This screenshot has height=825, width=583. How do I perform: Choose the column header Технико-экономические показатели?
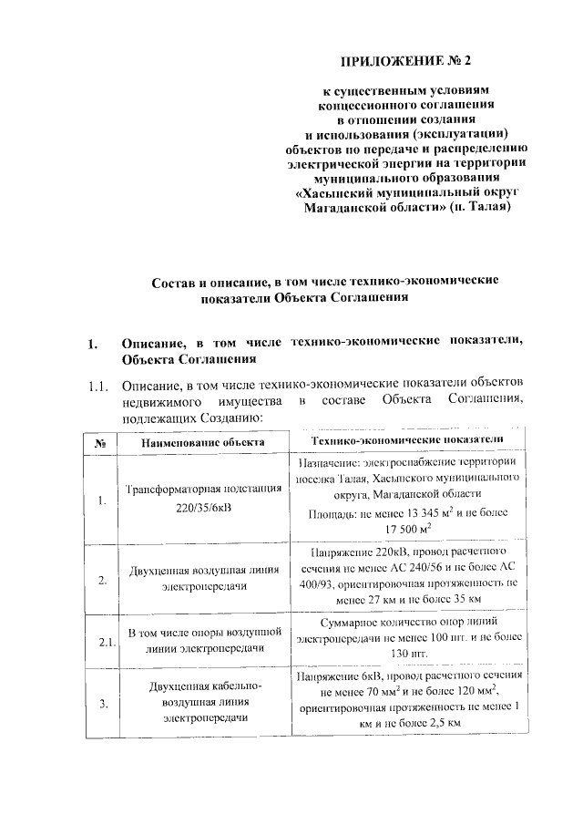(x=406, y=440)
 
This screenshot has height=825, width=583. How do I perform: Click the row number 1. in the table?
(x=101, y=501)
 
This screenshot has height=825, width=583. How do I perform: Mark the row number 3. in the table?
(x=101, y=703)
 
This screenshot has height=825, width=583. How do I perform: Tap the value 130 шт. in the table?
(x=406, y=655)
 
